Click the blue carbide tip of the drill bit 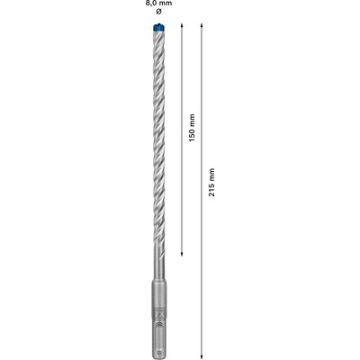tap(158, 27)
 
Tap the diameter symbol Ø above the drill tap(159, 12)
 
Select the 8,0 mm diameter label tap(159, 4)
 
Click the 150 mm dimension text tap(192, 128)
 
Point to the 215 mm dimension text tap(212, 183)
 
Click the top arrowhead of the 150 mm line tap(182, 25)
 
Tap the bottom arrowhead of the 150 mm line tap(182, 254)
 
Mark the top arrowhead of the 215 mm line tap(202, 25)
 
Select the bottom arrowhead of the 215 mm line tap(202, 353)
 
